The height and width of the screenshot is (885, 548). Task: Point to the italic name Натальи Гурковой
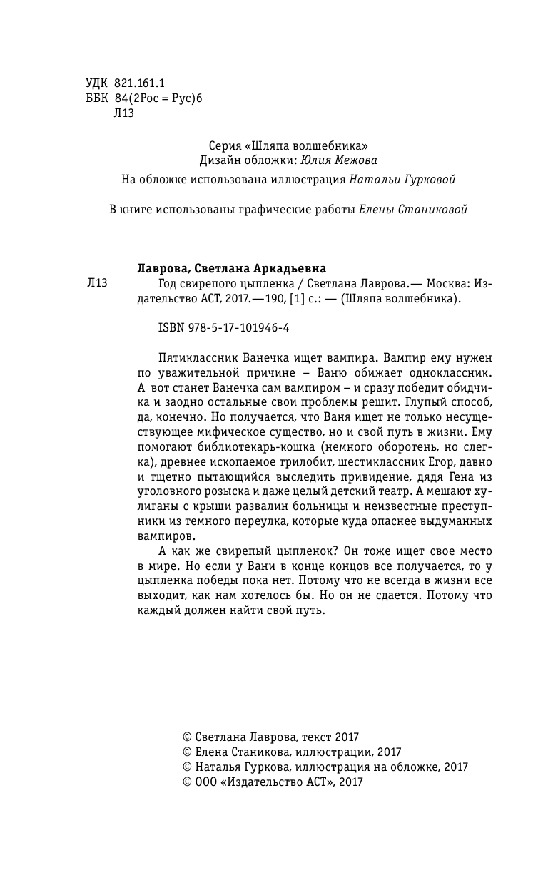[402, 180]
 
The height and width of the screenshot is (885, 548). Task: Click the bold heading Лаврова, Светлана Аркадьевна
[230, 268]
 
